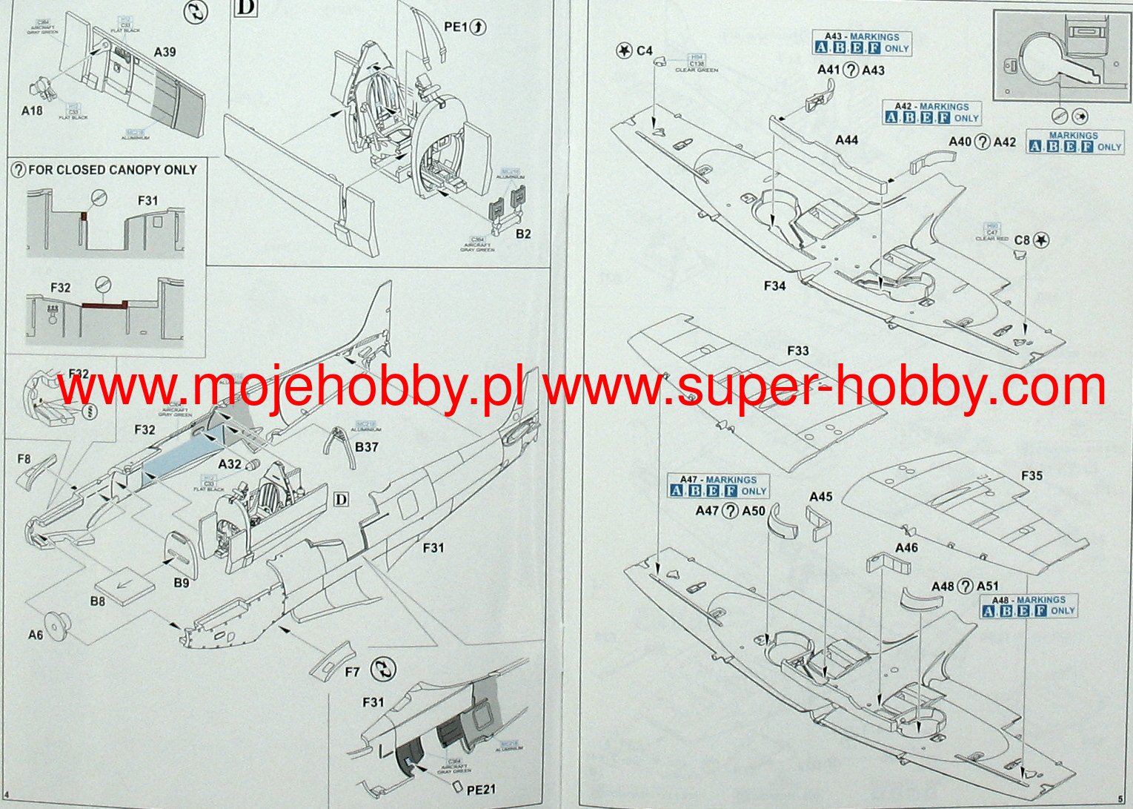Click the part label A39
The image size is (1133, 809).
coord(165,52)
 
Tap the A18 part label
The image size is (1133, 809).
coord(32,111)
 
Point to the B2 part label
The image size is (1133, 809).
coord(523,234)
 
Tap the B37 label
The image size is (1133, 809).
coord(367,447)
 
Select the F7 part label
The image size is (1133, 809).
coord(352,672)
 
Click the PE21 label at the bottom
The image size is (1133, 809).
coord(481,790)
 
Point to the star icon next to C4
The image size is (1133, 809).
coord(625,50)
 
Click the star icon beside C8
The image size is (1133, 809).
coord(1042,240)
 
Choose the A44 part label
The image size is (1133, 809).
coord(846,140)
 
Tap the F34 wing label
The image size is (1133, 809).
coord(774,285)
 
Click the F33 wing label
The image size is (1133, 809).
coord(798,351)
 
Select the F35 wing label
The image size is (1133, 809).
coord(1031,475)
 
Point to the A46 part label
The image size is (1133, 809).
coord(906,547)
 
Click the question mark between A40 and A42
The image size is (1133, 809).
coord(982,142)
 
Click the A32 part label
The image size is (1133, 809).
coord(230,464)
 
